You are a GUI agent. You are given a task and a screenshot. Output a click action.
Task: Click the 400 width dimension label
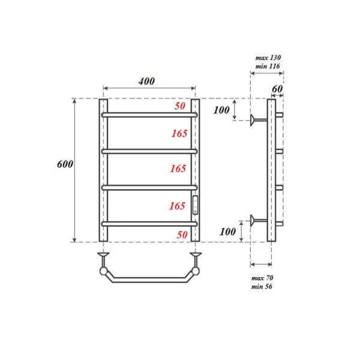pos(148,82)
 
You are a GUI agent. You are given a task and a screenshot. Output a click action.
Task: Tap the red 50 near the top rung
pos(180,106)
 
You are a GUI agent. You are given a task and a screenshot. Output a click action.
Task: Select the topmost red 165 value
pos(178,133)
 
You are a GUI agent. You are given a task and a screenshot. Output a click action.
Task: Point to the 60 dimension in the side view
pos(277,89)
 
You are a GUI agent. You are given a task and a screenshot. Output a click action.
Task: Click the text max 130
pos(268,58)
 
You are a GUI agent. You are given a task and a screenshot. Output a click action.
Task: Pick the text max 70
pos(262,278)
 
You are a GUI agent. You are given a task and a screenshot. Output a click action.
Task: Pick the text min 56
pos(262,286)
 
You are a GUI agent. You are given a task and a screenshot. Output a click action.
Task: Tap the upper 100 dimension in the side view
pos(221,110)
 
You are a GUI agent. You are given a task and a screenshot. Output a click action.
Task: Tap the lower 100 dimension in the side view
pos(227,231)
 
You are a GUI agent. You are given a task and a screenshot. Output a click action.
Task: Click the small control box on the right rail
pos(194,205)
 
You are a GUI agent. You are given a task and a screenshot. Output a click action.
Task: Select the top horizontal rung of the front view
pos(149,113)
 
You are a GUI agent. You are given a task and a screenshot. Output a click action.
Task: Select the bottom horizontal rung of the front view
pos(149,224)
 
